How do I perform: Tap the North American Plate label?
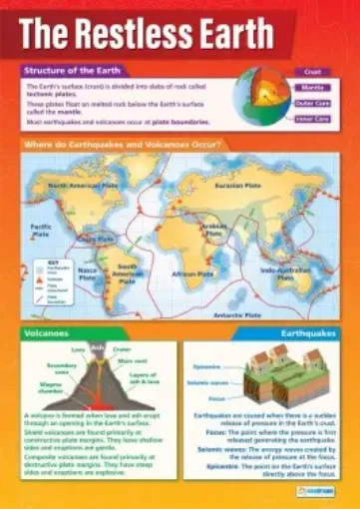tap(87, 186)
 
